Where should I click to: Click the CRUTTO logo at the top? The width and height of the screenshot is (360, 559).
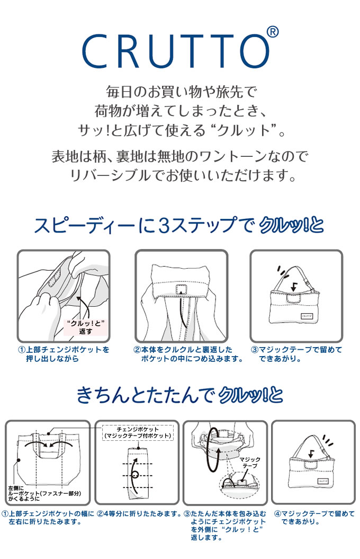pyautogui.click(x=176, y=51)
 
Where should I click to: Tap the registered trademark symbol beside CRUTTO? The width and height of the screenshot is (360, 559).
pyautogui.click(x=273, y=32)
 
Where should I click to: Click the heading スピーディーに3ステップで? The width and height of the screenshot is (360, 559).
pyautogui.click(x=144, y=225)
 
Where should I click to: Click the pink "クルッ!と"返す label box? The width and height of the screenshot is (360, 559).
pyautogui.click(x=85, y=327)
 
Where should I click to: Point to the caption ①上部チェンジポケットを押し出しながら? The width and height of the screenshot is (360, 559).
pyautogui.click(x=64, y=354)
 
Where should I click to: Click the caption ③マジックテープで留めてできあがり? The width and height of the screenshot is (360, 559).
pyautogui.click(x=296, y=354)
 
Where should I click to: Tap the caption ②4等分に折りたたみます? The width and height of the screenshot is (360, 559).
pyautogui.click(x=140, y=514)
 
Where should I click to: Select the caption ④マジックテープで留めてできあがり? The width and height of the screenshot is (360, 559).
pyautogui.click(x=314, y=518)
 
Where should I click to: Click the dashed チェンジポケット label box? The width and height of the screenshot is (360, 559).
pyautogui.click(x=138, y=432)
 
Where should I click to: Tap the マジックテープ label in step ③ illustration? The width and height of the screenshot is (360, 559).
pyautogui.click(x=250, y=463)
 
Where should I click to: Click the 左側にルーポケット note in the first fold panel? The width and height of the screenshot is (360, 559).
pyautogui.click(x=44, y=493)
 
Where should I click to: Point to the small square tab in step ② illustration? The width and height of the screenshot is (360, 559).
pyautogui.click(x=182, y=289)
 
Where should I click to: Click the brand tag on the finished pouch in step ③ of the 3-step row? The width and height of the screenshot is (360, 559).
pyautogui.click(x=307, y=315)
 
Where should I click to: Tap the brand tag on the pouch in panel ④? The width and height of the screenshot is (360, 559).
pyautogui.click(x=323, y=481)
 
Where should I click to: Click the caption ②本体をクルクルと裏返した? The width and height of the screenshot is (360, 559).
pyautogui.click(x=182, y=350)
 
